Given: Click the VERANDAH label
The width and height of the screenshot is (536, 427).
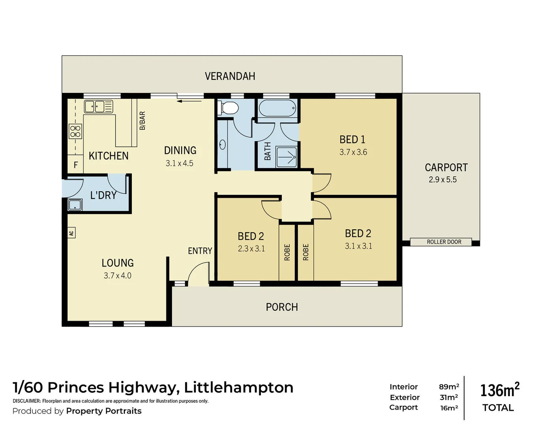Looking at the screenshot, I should (x=230, y=76).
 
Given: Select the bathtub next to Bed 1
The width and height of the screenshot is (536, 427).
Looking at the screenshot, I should (x=277, y=108).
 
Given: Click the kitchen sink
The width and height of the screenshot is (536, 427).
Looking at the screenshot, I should (x=98, y=106).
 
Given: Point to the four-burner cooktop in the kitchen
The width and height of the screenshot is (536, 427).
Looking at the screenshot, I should (x=75, y=131).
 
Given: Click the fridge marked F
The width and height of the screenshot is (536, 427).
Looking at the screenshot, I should (x=76, y=165).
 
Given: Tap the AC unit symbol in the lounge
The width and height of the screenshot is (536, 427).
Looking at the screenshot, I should (x=71, y=233).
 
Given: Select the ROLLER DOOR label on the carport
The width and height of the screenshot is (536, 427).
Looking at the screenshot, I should (x=444, y=242).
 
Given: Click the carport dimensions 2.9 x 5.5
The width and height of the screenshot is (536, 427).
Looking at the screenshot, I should (x=442, y=179).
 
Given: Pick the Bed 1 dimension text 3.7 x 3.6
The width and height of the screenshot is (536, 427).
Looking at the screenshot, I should (x=353, y=152).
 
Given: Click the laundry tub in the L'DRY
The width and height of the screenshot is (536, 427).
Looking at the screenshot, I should (x=75, y=205).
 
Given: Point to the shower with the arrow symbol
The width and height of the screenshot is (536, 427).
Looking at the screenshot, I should (x=286, y=157).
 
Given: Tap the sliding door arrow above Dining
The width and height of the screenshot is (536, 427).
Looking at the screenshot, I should (x=189, y=101).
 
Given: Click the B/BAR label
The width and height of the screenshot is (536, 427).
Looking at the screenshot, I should (x=142, y=121).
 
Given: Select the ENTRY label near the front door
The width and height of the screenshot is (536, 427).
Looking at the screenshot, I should (x=200, y=251).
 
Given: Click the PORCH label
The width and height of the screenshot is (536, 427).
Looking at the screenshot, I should (x=281, y=307).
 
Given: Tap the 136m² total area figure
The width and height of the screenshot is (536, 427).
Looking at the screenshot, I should (x=499, y=390).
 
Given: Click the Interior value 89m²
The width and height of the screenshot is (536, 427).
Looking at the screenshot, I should (x=449, y=387).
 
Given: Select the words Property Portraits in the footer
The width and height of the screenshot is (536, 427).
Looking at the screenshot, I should (x=103, y=411).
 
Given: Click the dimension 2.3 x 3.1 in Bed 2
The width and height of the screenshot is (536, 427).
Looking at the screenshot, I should (x=251, y=249).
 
